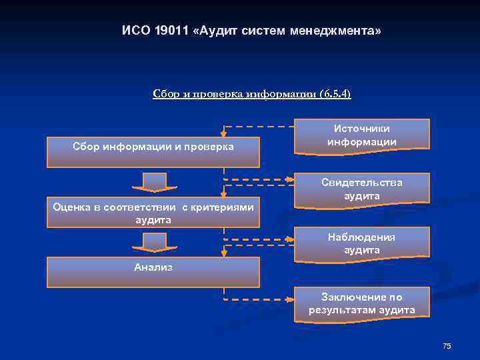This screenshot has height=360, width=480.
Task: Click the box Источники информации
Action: click(362, 136)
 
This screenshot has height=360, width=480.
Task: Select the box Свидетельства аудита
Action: click(362, 189)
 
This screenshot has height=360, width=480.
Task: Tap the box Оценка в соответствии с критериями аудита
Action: click(153, 213)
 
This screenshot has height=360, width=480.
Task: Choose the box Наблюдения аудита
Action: click(362, 243)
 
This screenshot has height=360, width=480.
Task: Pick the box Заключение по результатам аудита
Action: click(362, 303)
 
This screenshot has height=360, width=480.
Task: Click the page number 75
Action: click(447, 345)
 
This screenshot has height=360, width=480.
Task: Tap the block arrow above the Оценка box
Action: click(154, 182)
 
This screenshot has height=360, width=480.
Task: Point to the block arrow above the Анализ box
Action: click(154, 241)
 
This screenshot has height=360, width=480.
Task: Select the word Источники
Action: click(362, 129)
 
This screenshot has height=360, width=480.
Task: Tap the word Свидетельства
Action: click(362, 183)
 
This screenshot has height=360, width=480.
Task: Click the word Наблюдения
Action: click(362, 237)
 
